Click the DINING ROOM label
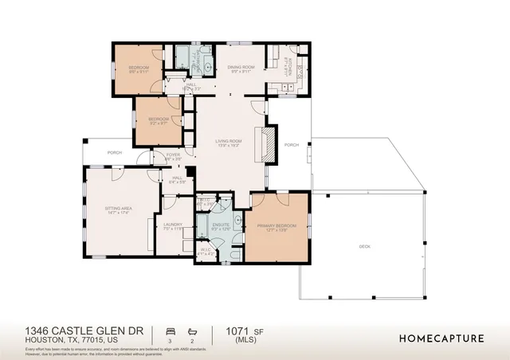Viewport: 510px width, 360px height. [x=241, y=68]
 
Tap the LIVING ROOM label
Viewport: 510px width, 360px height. [x=228, y=143]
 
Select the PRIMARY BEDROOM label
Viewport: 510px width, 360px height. [x=277, y=228]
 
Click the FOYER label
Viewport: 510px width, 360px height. [x=173, y=157]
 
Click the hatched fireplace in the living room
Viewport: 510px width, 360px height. [x=269, y=144]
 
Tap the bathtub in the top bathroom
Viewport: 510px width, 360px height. [x=183, y=57]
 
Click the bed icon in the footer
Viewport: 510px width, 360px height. [x=169, y=329]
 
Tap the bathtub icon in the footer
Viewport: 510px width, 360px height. [x=191, y=329]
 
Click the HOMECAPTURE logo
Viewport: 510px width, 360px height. [x=441, y=338]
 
